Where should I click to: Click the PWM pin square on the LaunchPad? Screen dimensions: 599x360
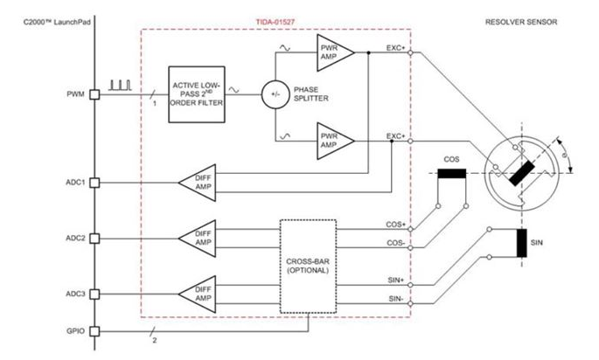(94, 94)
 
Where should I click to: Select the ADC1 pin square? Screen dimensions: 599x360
(94, 183)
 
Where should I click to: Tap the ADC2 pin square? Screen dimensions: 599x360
(94, 239)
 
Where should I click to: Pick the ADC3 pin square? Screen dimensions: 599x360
(94, 294)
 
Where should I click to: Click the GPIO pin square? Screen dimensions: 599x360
(94, 331)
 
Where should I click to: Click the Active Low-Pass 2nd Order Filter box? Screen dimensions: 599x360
(197, 94)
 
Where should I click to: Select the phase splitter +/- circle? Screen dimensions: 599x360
(275, 94)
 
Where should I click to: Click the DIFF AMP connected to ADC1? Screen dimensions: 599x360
(198, 183)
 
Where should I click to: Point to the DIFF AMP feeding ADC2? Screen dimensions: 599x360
(198, 239)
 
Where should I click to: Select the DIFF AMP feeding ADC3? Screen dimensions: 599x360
(198, 294)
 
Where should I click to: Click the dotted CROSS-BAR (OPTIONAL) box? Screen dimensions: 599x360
(309, 267)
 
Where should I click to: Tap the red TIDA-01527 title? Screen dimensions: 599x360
(275, 22)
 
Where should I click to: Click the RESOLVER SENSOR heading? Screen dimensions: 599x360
(521, 22)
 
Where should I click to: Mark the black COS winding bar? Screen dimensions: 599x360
(452, 174)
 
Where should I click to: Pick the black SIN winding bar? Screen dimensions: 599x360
(522, 243)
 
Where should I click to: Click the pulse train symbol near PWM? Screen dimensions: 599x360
(121, 85)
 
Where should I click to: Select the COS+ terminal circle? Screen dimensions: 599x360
(410, 229)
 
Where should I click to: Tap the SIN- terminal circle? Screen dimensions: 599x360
(410, 304)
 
